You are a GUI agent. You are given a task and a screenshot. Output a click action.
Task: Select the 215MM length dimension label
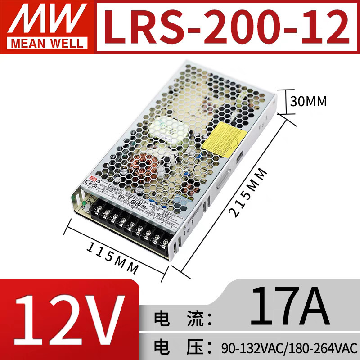(x=247, y=193)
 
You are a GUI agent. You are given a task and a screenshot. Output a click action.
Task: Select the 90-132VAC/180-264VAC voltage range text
(x=289, y=347)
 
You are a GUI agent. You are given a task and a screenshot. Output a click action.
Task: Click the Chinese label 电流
(x=180, y=318)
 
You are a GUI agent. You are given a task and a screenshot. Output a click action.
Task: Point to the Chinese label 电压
(x=180, y=347)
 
